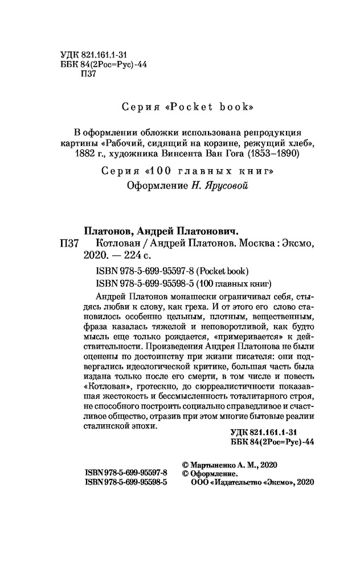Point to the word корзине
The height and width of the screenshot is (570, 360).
coord(242,142)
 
